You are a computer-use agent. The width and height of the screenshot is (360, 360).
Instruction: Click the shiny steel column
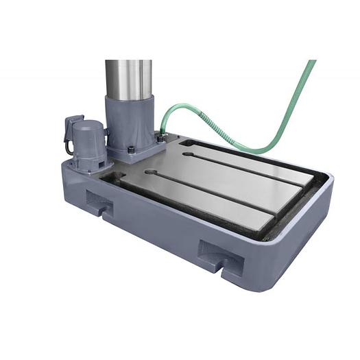[128, 79]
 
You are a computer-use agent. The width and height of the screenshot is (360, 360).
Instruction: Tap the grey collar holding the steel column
[128, 123]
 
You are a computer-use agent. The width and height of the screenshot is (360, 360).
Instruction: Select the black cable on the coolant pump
[67, 146]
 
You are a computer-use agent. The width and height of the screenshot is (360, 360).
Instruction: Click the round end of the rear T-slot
[187, 155]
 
